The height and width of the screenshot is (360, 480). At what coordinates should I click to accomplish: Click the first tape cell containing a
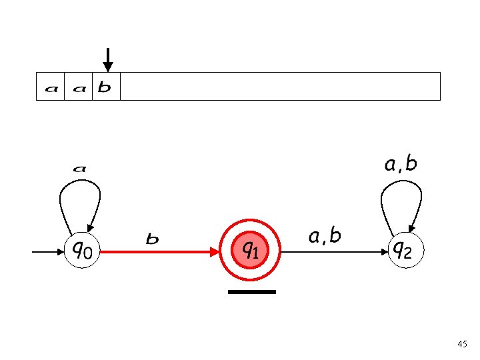tap(50, 87)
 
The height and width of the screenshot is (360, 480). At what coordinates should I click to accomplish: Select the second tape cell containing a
tap(79, 87)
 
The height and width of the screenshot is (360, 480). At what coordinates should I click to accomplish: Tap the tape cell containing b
tap(106, 87)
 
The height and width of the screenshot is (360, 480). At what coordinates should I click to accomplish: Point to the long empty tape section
tap(280, 86)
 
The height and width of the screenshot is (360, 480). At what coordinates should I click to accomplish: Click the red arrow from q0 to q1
tap(160, 252)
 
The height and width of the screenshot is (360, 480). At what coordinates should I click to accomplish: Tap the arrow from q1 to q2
tap(333, 252)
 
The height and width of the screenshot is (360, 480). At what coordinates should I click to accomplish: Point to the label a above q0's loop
tap(79, 169)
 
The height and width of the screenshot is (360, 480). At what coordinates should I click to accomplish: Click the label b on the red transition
tap(152, 238)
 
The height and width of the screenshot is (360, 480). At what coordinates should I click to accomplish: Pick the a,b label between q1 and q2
tap(325, 235)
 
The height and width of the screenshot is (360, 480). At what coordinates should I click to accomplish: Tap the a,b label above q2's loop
tap(401, 164)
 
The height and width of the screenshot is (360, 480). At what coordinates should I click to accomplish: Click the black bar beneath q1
tap(251, 292)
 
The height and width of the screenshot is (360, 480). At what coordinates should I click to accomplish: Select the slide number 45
tap(462, 344)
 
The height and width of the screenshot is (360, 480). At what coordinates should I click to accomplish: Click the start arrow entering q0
tap(48, 252)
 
